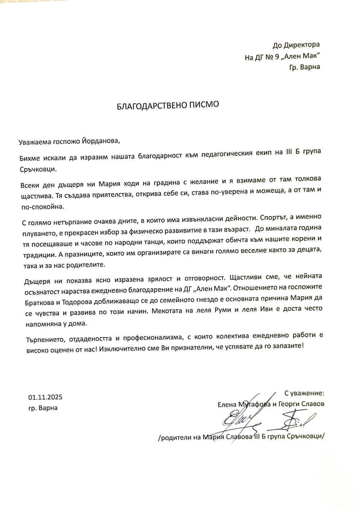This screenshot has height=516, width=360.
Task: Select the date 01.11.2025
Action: pyautogui.click(x=45, y=398)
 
